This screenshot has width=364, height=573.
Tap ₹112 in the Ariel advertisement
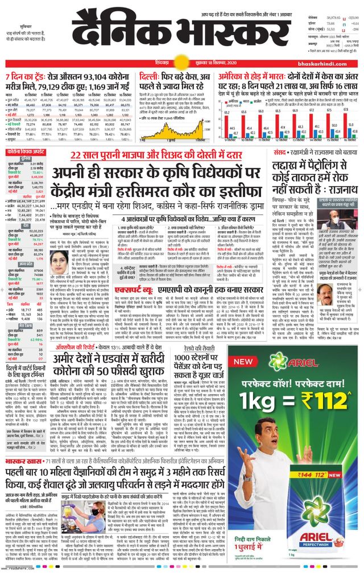321,396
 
